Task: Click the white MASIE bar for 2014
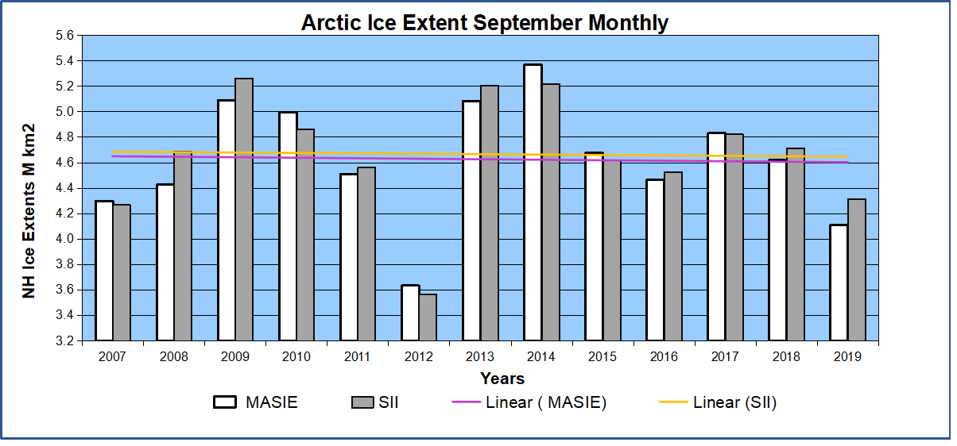click(x=533, y=202)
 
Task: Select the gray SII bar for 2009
click(x=244, y=210)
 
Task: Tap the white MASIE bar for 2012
click(x=410, y=313)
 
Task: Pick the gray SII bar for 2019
click(x=857, y=270)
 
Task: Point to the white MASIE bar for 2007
click(x=104, y=271)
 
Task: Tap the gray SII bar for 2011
click(x=366, y=254)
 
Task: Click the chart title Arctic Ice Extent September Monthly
click(x=484, y=23)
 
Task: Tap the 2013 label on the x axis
click(x=480, y=357)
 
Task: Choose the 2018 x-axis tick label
click(x=786, y=357)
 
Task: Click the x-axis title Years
click(x=502, y=379)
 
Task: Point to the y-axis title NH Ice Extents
click(x=29, y=210)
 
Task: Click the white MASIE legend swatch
click(x=225, y=402)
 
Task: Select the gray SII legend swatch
click(x=361, y=402)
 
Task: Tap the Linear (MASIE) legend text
click(x=545, y=402)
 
